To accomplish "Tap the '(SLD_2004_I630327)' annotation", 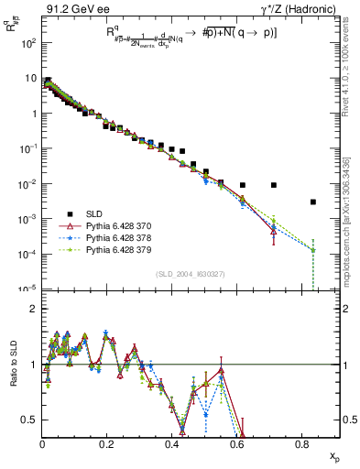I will click(x=191, y=273).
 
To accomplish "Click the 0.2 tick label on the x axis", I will click(x=107, y=444).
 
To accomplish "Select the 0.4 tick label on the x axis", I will click(x=172, y=444).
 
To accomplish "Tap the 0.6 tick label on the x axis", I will click(x=237, y=444).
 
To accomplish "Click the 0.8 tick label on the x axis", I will click(x=302, y=444).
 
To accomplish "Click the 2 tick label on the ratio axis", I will click(x=35, y=309).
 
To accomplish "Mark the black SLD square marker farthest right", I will click(x=313, y=202).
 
